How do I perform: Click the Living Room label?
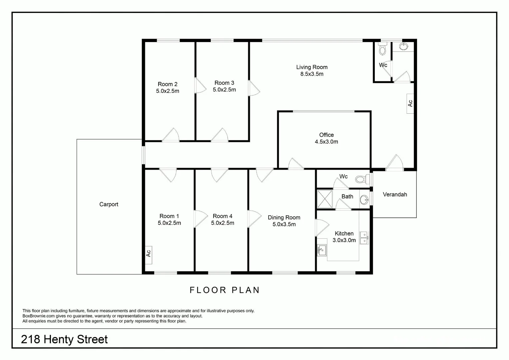click(312, 67)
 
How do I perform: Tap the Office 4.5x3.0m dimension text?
click(326, 142)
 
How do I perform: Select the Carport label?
click(109, 204)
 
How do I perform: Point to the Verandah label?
click(395, 194)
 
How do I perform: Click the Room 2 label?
click(168, 84)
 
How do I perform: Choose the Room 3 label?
click(224, 83)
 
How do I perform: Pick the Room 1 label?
click(169, 216)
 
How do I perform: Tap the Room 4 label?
click(223, 216)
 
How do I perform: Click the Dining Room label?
click(284, 217)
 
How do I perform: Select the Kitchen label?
click(344, 233)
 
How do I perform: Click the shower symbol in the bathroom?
click(324, 199)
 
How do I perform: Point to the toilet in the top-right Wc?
click(382, 50)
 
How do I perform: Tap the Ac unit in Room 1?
click(149, 253)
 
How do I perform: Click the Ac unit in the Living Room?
click(410, 103)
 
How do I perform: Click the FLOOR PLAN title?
click(225, 290)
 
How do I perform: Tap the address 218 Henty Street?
click(64, 339)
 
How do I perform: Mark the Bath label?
click(347, 196)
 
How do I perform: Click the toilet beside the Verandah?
click(360, 179)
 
